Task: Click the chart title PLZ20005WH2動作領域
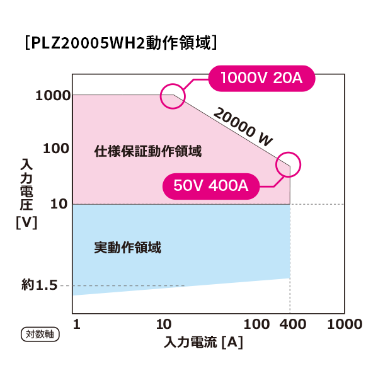(121, 43)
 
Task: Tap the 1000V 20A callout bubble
(261, 78)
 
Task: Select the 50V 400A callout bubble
(211, 186)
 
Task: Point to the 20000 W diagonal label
(243, 127)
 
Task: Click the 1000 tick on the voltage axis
(54, 96)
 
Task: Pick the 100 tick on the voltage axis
(56, 149)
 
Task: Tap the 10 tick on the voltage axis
(59, 204)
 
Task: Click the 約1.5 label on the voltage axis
(40, 285)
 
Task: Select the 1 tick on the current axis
(76, 324)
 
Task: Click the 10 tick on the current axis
(164, 324)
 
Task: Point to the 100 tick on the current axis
(256, 324)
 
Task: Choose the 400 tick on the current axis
(293, 324)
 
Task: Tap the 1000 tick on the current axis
(345, 324)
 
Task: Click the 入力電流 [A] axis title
(203, 342)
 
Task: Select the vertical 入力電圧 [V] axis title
(26, 193)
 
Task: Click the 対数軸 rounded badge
(40, 335)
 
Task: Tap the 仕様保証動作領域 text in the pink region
(148, 151)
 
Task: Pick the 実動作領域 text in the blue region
(127, 248)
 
